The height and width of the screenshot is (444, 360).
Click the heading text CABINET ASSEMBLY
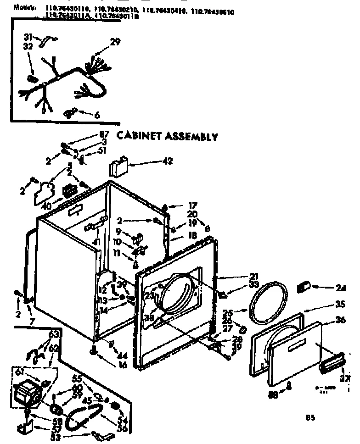(166, 136)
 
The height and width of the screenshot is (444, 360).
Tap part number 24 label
(340, 288)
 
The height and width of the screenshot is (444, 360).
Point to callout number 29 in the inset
(115, 43)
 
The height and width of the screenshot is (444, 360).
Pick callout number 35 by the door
(340, 303)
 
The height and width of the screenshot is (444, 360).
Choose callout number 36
(340, 321)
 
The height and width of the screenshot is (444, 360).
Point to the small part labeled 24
(303, 288)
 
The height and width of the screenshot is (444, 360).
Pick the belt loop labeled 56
(81, 418)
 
